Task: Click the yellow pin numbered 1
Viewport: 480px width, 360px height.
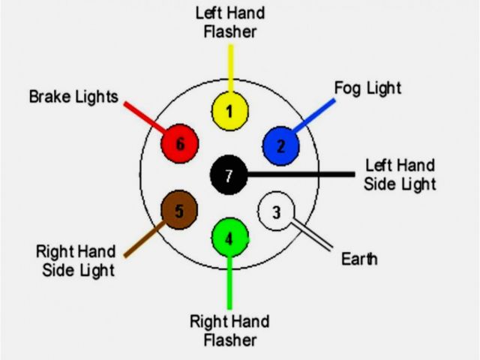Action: pos(229,112)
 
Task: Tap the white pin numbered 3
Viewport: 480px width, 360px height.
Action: pos(275,212)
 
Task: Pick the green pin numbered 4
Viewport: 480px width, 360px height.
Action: pos(229,238)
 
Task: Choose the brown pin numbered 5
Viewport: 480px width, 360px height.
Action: pos(178,211)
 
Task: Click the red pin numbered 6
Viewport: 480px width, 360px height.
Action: pos(180,143)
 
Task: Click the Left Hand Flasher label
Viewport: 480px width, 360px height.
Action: pos(229,22)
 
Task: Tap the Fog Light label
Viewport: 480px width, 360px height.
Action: pos(367,88)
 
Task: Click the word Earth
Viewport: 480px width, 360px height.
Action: pos(359,259)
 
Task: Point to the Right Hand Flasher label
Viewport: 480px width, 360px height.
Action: pos(229,331)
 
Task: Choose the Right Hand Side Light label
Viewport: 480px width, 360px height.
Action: pos(76,259)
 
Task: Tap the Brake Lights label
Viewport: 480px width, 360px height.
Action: pos(73,97)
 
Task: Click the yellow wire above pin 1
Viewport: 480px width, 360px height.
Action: pos(230,67)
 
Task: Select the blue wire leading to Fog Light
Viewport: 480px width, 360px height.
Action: pos(314,113)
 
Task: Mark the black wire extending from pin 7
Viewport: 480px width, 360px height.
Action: pos(300,175)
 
